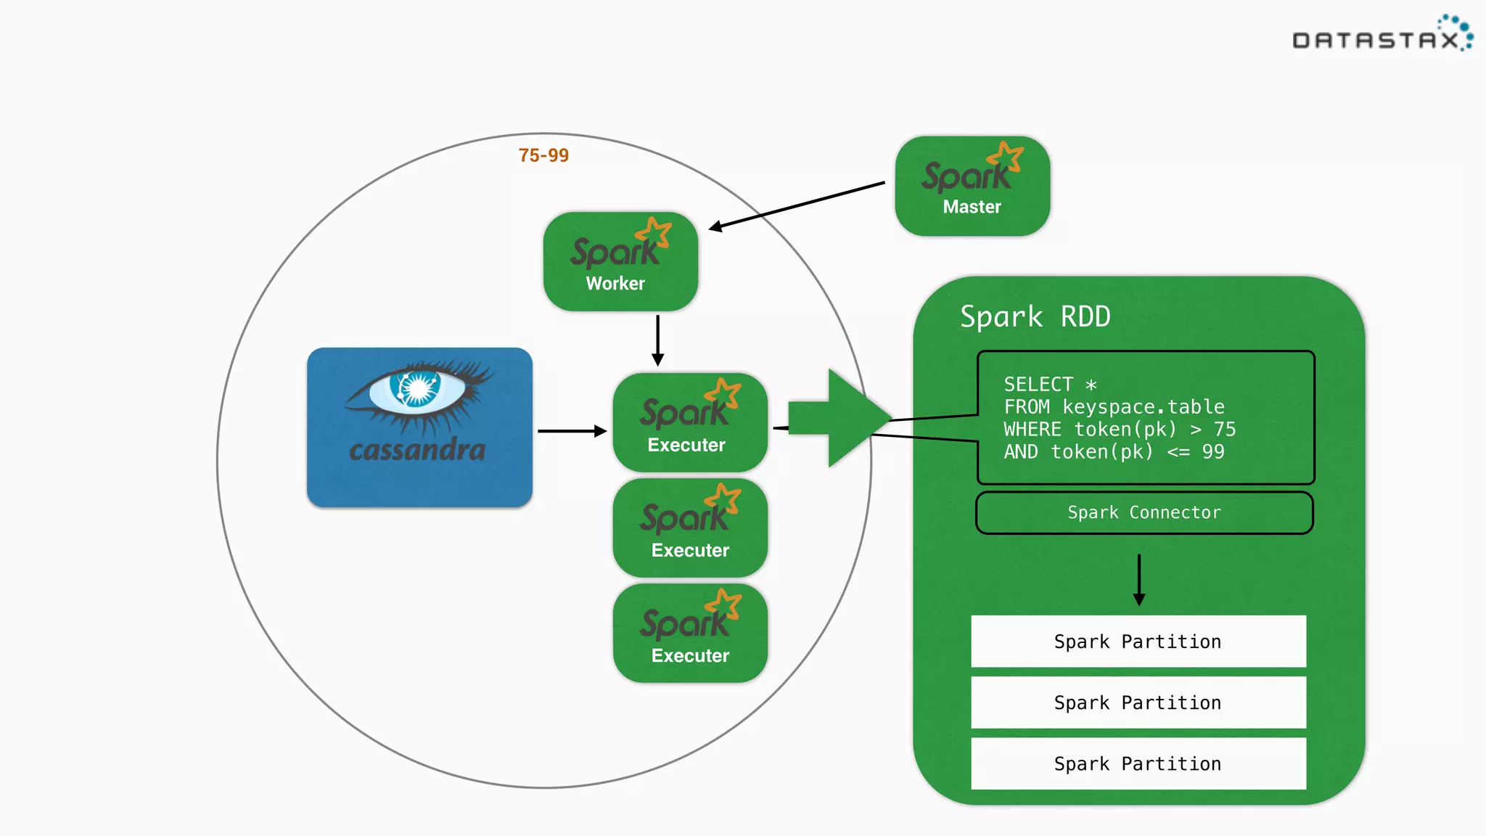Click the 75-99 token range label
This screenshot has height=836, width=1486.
pos(543,155)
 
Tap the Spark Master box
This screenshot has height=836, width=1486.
pos(972,187)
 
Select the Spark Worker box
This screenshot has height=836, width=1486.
pos(620,262)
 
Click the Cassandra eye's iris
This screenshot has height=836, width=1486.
pos(416,388)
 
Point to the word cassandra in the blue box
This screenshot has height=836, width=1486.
pos(417,450)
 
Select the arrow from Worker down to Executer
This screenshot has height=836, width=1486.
pos(657,340)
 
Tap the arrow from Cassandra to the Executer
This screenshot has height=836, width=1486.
pos(571,431)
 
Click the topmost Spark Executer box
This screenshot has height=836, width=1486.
pos(689,423)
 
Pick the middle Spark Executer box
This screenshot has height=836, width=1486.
pos(689,528)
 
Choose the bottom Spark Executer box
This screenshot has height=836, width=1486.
pos(689,634)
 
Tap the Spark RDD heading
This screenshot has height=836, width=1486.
pos(1035,317)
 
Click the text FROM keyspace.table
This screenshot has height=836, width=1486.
pos(1114,407)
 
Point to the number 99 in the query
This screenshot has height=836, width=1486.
pos(1213,452)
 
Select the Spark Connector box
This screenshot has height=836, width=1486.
pos(1144,513)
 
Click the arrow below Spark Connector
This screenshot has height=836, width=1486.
pos(1139,580)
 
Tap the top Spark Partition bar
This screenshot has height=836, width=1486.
pos(1138,642)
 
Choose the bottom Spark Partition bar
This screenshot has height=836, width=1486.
pos(1138,763)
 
